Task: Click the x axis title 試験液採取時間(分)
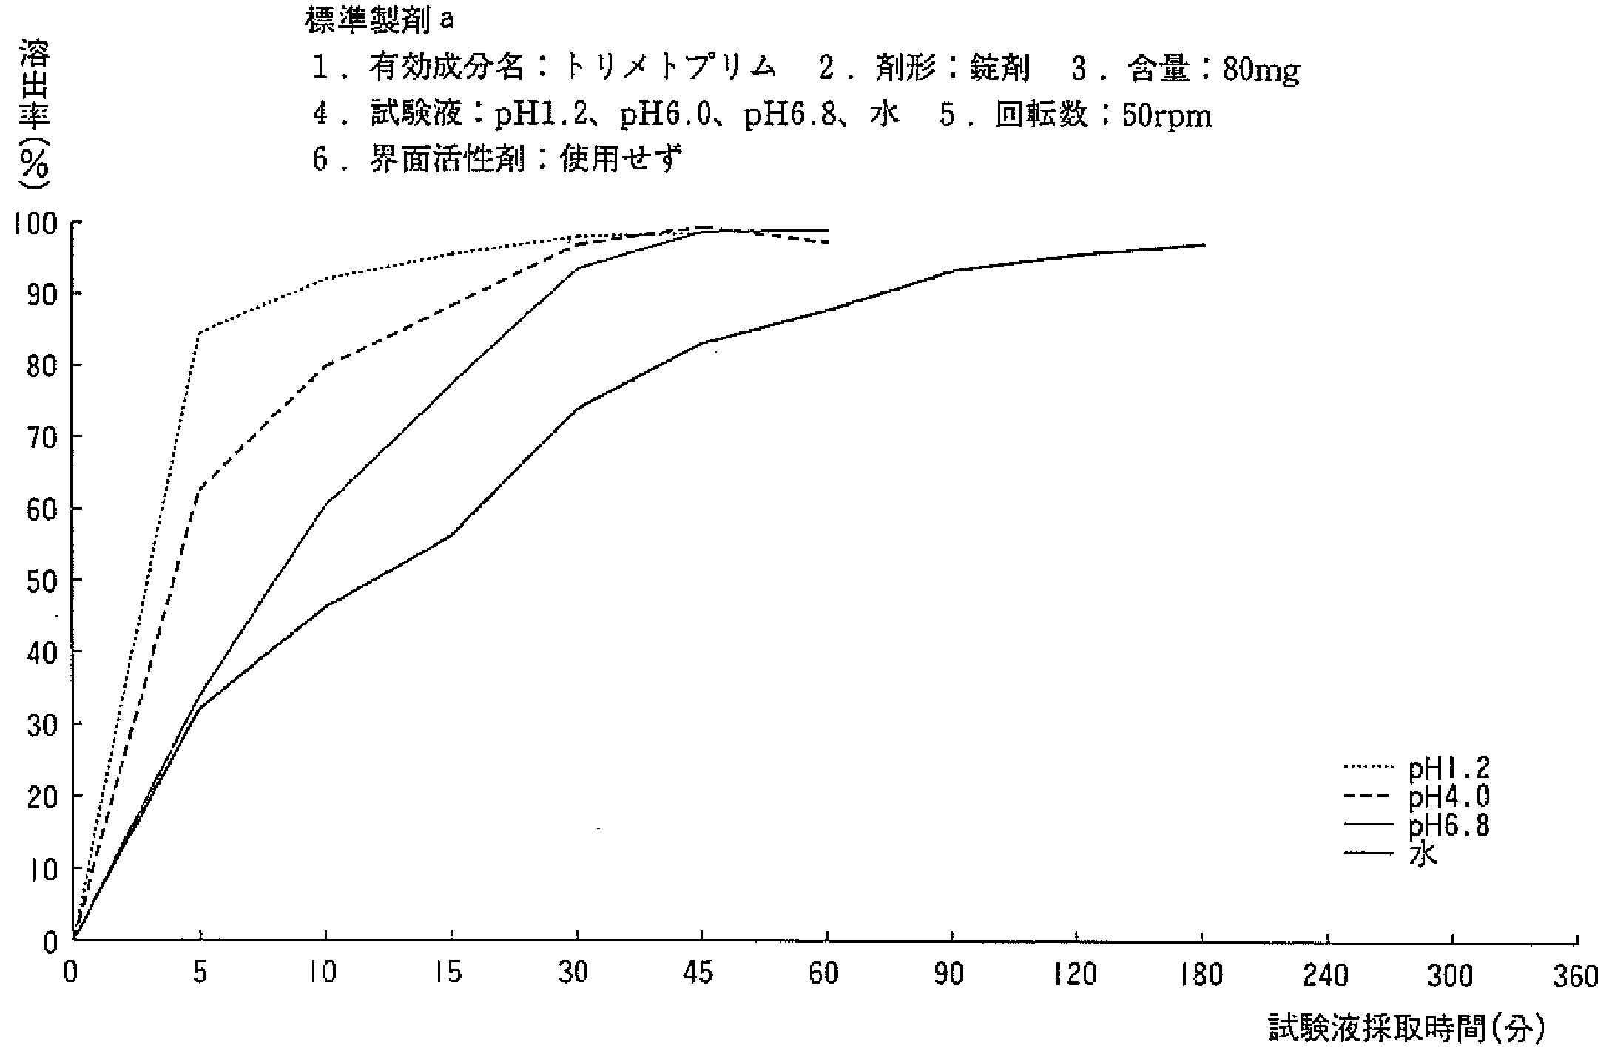click(x=1406, y=1029)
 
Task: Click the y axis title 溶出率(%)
click(x=34, y=111)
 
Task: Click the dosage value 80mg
click(x=1261, y=70)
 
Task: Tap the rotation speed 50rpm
click(x=1167, y=117)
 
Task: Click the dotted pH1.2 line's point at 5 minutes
click(x=200, y=332)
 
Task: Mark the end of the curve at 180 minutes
click(x=1204, y=245)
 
